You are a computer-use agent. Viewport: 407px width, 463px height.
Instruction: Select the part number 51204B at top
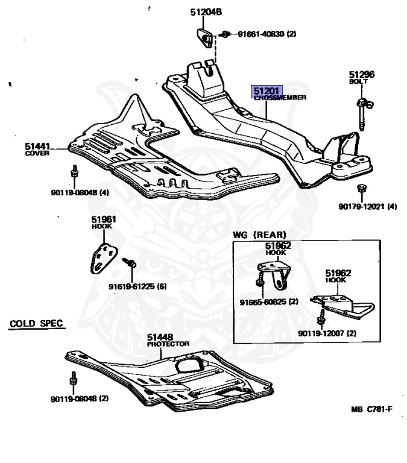(206, 12)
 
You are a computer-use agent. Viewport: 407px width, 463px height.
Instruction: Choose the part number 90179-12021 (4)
(367, 206)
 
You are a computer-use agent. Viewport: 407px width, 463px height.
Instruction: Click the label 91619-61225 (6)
(137, 286)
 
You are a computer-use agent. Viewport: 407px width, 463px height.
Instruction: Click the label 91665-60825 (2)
(268, 301)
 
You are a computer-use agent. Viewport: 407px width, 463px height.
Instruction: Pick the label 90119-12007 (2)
(326, 333)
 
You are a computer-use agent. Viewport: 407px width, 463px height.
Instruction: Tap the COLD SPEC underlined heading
(37, 324)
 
